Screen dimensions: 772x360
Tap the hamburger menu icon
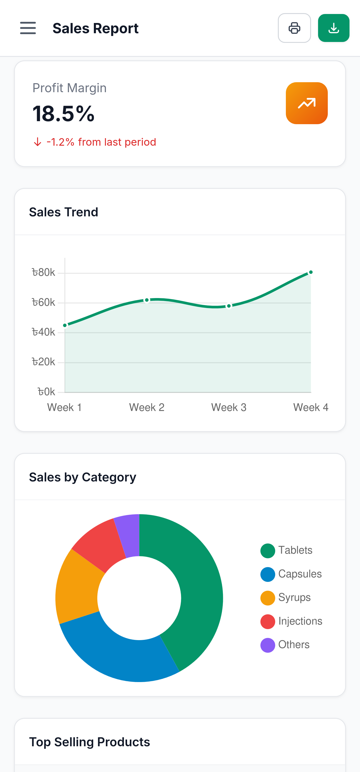pyautogui.click(x=28, y=28)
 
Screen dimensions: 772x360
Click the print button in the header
pyautogui.click(x=294, y=28)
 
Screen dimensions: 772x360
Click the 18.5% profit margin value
pyautogui.click(x=63, y=114)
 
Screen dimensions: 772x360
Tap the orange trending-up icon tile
pyautogui.click(x=306, y=103)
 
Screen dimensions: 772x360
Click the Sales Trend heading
pyautogui.click(x=63, y=212)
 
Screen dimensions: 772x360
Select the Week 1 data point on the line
pyautogui.click(x=65, y=325)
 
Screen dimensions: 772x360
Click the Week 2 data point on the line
pyautogui.click(x=147, y=300)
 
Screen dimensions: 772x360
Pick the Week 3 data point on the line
pyautogui.click(x=229, y=306)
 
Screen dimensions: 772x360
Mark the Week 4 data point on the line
pyautogui.click(x=311, y=272)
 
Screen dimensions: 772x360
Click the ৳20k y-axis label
pyautogui.click(x=44, y=362)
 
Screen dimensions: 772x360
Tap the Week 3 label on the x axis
pyautogui.click(x=229, y=407)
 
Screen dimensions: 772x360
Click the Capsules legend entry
pyautogui.click(x=300, y=574)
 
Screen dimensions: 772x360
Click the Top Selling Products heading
pyautogui.click(x=90, y=742)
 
